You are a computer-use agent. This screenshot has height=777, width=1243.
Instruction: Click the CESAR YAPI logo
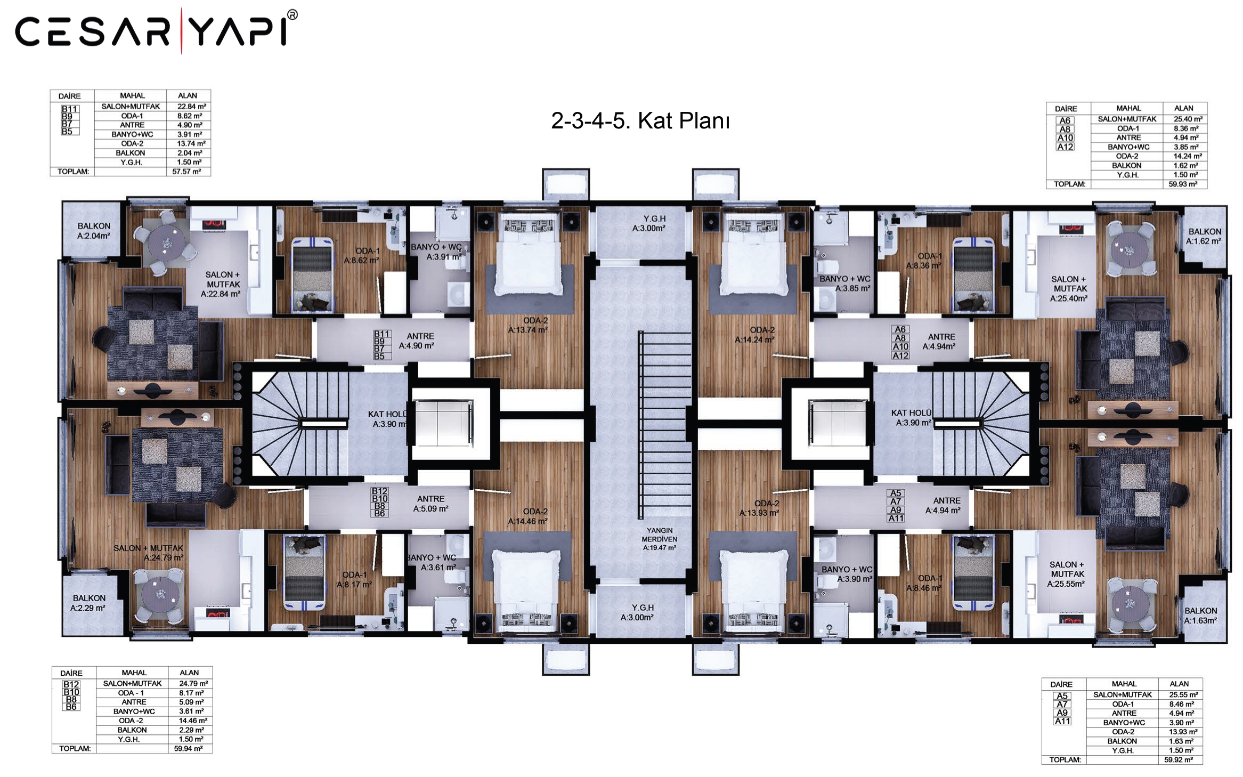[x=156, y=30]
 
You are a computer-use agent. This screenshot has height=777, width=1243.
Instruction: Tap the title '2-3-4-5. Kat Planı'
[x=640, y=121]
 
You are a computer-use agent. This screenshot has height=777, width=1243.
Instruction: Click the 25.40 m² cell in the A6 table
[x=1188, y=119]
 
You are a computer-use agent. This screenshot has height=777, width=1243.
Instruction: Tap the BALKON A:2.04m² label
[x=94, y=231]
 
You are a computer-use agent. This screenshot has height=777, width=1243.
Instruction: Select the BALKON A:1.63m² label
[x=1200, y=616]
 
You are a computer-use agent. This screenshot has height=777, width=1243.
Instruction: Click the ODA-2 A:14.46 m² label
[x=528, y=516]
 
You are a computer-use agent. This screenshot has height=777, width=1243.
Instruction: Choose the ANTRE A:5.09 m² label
[x=430, y=504]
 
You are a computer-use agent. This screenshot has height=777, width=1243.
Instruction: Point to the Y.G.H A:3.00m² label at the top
[x=649, y=223]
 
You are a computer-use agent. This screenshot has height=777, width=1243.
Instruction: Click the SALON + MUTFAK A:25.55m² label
[x=1066, y=574]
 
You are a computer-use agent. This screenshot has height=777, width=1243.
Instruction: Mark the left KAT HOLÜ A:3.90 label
[x=388, y=419]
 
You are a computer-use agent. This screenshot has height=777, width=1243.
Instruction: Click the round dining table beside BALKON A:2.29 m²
[x=159, y=595]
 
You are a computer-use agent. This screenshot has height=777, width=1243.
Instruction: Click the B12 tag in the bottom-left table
[x=71, y=684]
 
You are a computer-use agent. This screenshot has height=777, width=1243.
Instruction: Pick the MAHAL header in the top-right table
[x=1128, y=108]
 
